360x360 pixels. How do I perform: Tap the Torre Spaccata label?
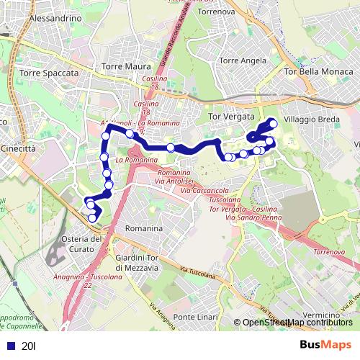pos(49,73)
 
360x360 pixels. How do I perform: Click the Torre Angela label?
pos(243,60)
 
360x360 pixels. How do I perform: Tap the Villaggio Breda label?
pos(310,117)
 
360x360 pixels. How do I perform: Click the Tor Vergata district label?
pos(231,116)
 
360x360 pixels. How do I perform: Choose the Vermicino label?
pos(316,315)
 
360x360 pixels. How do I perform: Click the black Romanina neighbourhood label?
pos(143,228)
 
